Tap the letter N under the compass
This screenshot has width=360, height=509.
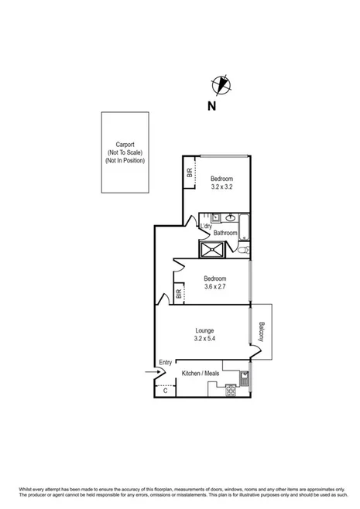pyautogui.click(x=211, y=107)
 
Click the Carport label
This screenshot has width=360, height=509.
pyautogui.click(x=125, y=145)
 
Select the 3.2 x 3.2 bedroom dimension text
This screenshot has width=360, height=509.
pyautogui.click(x=222, y=186)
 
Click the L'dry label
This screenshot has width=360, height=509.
pyautogui.click(x=206, y=226)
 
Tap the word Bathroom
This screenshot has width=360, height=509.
pyautogui.click(x=225, y=233)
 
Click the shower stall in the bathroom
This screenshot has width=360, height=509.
pyautogui.click(x=212, y=248)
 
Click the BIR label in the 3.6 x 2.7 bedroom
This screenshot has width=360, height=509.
pyautogui.click(x=179, y=294)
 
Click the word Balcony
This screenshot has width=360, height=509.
pyautogui.click(x=262, y=332)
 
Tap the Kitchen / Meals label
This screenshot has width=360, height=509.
pyautogui.click(x=201, y=374)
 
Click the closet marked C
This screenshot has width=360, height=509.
pyautogui.click(x=165, y=391)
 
